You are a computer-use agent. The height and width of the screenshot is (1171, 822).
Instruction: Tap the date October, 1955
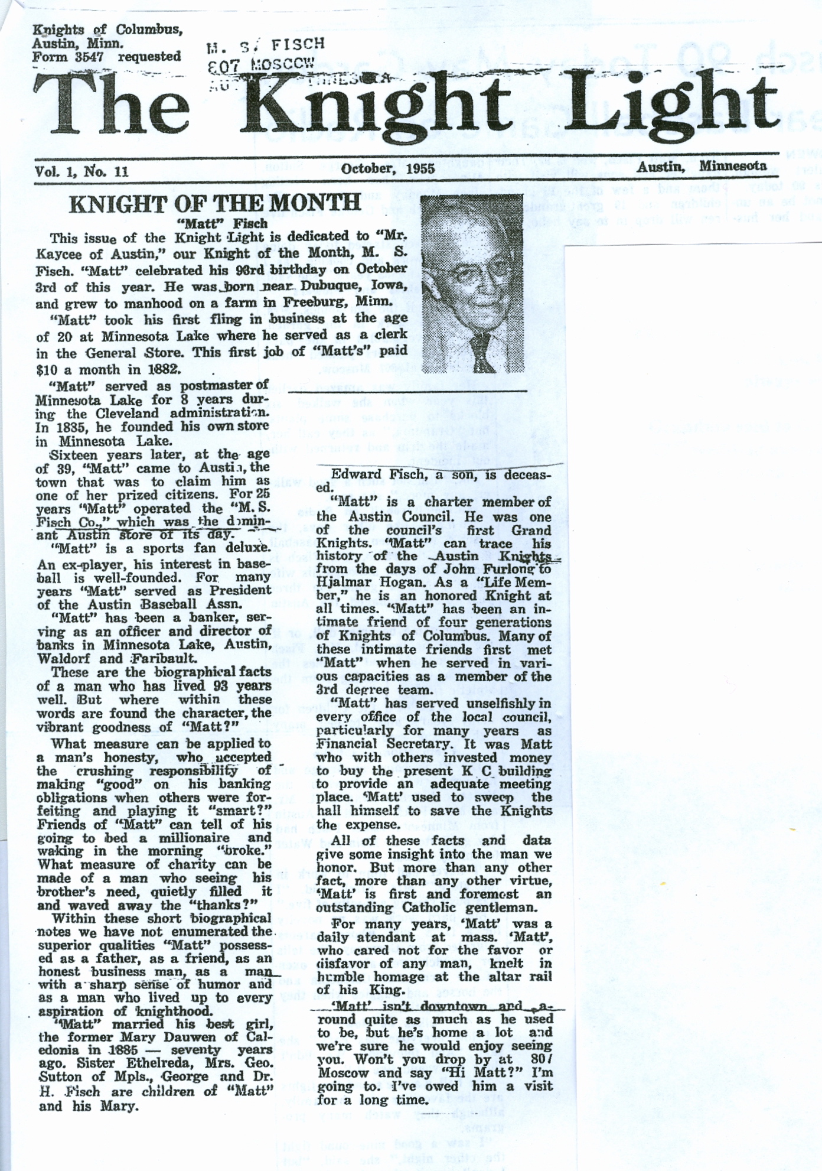point(388,168)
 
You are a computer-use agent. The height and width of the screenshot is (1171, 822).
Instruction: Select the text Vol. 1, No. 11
point(81,171)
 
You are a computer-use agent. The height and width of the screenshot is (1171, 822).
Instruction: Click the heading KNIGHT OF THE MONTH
point(214,203)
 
